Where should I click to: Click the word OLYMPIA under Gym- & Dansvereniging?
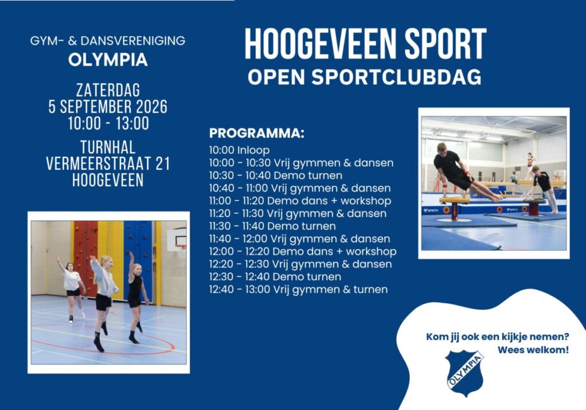click(108, 59)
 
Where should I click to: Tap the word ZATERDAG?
click(108, 90)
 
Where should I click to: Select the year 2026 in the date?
click(151, 107)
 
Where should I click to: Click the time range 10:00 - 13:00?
click(108, 123)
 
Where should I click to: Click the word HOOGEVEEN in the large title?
click(320, 44)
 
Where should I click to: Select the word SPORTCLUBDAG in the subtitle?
click(396, 77)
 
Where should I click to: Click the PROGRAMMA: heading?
click(257, 133)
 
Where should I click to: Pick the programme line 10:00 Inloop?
click(239, 150)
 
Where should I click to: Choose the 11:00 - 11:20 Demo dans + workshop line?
click(300, 201)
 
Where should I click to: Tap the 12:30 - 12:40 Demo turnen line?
click(275, 277)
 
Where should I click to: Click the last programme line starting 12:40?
click(298, 290)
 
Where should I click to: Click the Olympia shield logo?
click(465, 373)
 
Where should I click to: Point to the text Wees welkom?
click(533, 351)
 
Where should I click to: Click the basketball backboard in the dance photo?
click(176, 239)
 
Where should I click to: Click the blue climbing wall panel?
click(138, 258)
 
